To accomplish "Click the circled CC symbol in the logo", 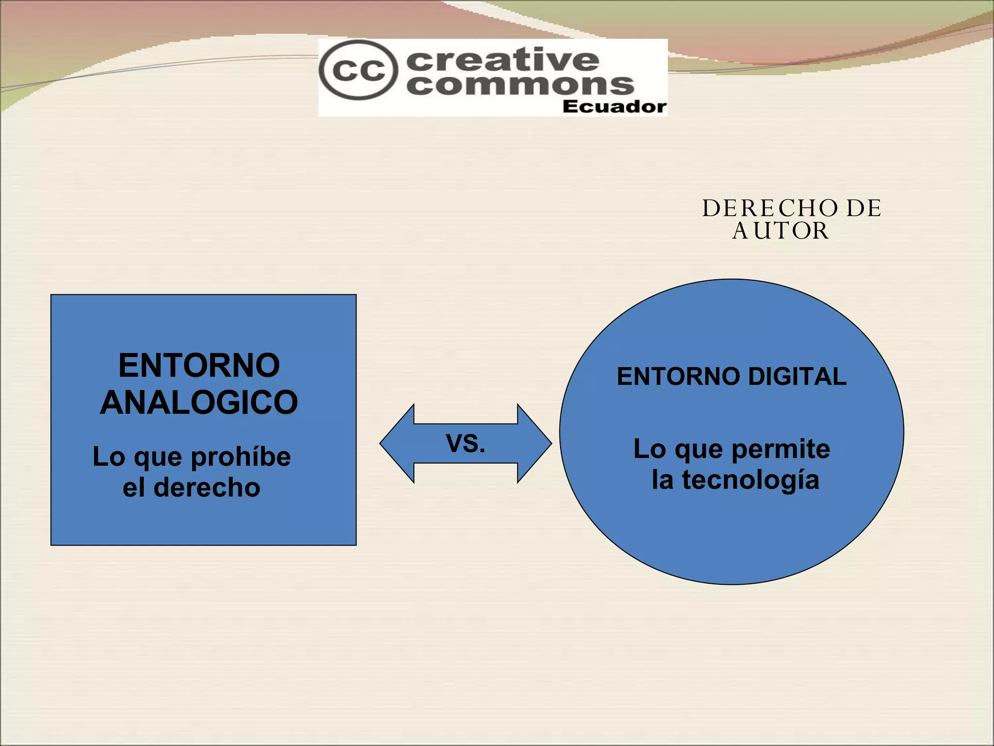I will (358, 70).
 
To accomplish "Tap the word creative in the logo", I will (502, 60).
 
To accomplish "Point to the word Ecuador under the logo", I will (614, 107).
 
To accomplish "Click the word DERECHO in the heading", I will (770, 209).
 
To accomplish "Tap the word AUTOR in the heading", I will (780, 231).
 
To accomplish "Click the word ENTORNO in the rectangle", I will (199, 365).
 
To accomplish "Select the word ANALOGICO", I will (199, 403).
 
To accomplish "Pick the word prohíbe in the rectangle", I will (241, 458).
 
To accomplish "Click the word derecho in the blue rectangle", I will (207, 488).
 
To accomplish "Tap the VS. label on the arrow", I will (465, 443).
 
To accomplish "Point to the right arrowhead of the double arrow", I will (534, 443).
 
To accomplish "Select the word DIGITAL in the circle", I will (797, 376).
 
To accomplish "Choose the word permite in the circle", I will (780, 449).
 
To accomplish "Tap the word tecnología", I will (750, 480).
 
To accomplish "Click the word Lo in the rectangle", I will (109, 457).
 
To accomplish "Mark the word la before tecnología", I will (663, 480).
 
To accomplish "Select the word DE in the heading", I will (863, 209).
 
